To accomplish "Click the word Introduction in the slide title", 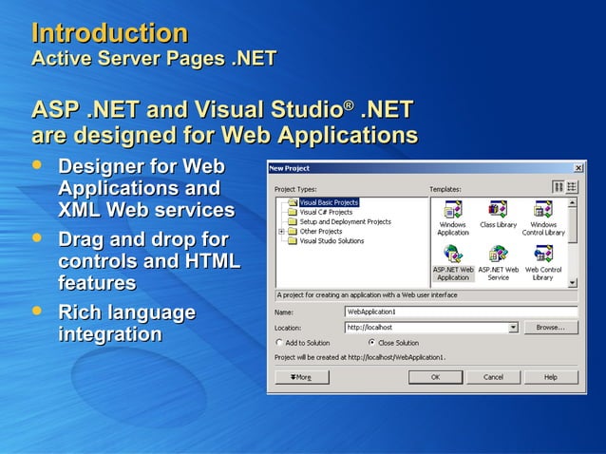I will (x=110, y=33).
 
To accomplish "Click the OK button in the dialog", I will (x=435, y=377).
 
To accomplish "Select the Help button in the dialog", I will (x=550, y=377).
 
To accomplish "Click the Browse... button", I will (x=550, y=327).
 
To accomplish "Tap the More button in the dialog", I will (x=301, y=377).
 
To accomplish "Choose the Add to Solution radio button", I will (x=279, y=343).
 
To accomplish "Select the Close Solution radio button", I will (x=371, y=343).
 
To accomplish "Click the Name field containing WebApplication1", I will (x=461, y=311).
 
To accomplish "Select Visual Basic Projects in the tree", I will (x=328, y=202).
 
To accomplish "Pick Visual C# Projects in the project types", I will (x=325, y=212).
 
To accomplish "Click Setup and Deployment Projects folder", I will (x=344, y=221).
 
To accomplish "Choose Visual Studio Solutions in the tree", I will (x=331, y=241).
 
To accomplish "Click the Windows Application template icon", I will (x=453, y=210).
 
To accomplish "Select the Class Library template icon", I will (x=498, y=210).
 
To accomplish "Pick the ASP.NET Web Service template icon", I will (x=498, y=255).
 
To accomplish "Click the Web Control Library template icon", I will (x=543, y=255).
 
